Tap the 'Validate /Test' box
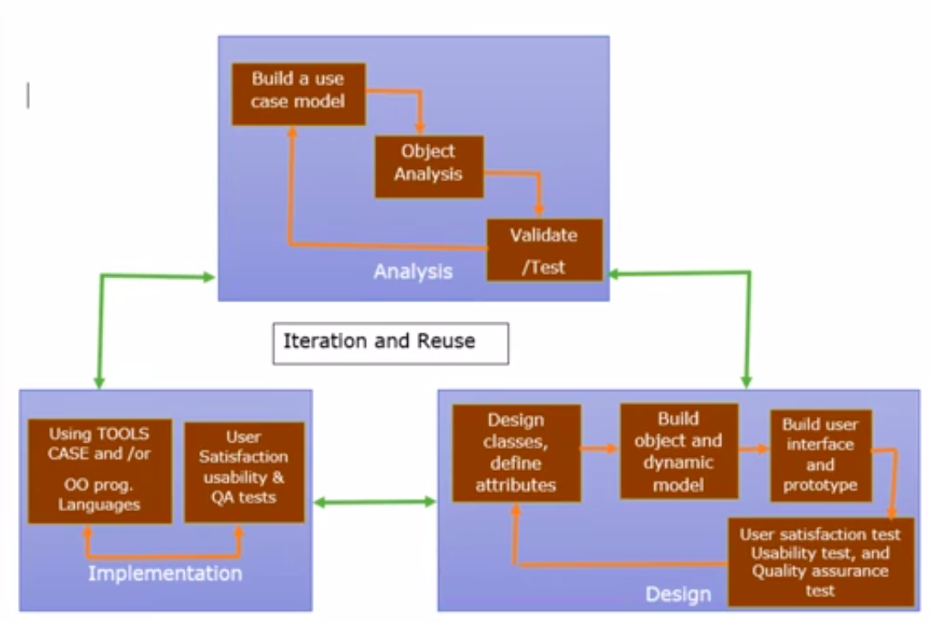pos(544,250)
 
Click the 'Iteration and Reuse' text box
pos(390,343)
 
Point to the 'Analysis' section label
pos(412,272)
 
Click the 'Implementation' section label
pos(165,573)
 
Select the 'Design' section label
pos(678,594)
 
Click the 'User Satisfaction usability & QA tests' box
pos(244,472)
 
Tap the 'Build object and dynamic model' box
pos(678,451)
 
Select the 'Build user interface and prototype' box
pos(820,455)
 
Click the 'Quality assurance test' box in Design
pos(819,562)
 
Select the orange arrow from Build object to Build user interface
pos(754,448)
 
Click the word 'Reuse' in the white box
pos(446,342)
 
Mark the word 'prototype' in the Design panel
pos(820,485)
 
